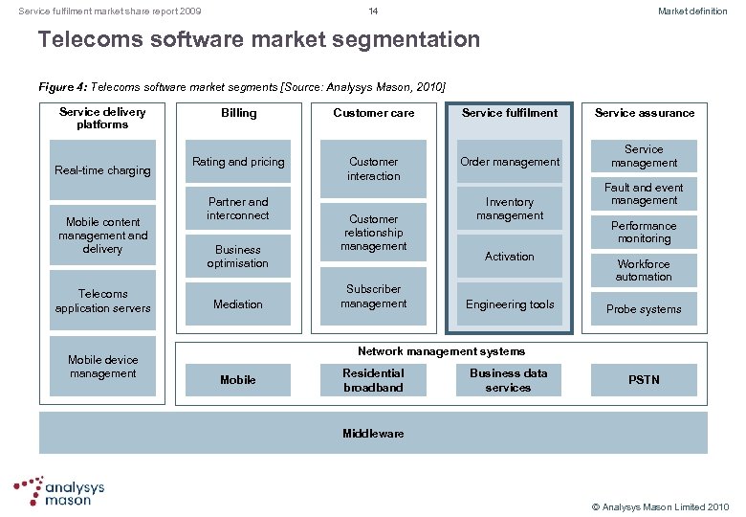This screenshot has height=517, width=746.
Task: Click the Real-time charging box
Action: pyautogui.click(x=102, y=170)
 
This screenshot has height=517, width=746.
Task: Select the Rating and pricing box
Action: pyautogui.click(x=238, y=162)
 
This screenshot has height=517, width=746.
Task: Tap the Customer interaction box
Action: pyautogui.click(x=374, y=169)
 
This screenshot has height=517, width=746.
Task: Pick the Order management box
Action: pyautogui.click(x=510, y=162)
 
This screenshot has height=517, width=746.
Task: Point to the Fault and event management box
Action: pyautogui.click(x=644, y=194)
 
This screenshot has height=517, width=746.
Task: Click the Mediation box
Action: pyautogui.click(x=238, y=304)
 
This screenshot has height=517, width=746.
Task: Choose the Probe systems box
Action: pyautogui.click(x=644, y=309)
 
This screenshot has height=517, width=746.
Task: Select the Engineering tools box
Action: pyautogui.click(x=510, y=304)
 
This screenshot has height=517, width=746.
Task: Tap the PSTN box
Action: pyautogui.click(x=644, y=380)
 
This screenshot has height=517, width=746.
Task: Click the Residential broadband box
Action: pyautogui.click(x=374, y=380)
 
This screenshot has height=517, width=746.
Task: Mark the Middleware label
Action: pyautogui.click(x=373, y=434)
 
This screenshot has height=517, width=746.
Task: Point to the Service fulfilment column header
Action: pyautogui.click(x=510, y=113)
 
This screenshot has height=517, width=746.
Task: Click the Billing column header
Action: pyautogui.click(x=238, y=113)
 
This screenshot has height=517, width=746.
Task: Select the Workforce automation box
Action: pyautogui.click(x=644, y=270)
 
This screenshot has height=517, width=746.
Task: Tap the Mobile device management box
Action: pyautogui.click(x=102, y=367)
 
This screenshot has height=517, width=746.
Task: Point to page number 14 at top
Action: pyautogui.click(x=374, y=11)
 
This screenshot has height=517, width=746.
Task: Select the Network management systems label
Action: pyautogui.click(x=441, y=351)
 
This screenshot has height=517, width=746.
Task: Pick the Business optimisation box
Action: pyautogui.click(x=238, y=257)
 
